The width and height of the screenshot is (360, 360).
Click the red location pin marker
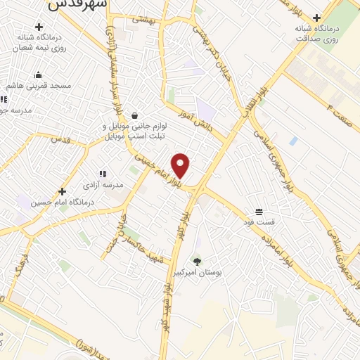coord(181,166)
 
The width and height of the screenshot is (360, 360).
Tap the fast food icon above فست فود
coord(259,212)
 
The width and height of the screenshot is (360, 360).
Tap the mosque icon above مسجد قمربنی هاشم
coord(38,75)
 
